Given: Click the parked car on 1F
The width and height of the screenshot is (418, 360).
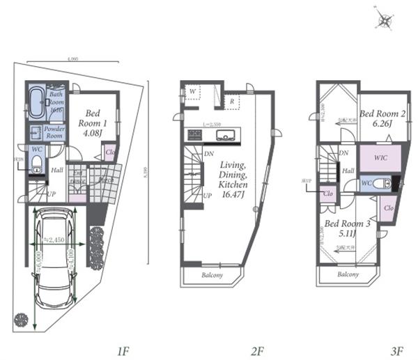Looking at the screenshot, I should click(x=56, y=258).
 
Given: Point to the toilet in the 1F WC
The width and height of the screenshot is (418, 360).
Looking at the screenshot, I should click(x=38, y=164).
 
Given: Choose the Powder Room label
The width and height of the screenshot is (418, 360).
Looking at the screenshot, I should click(x=54, y=132).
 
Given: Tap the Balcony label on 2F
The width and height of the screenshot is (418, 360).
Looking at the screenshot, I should click(x=213, y=276).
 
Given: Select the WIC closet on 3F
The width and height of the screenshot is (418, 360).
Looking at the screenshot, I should click(x=380, y=159).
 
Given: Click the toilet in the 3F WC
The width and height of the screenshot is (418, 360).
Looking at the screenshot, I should click(x=377, y=184).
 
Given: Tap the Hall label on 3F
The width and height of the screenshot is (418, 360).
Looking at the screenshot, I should click(x=348, y=171).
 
